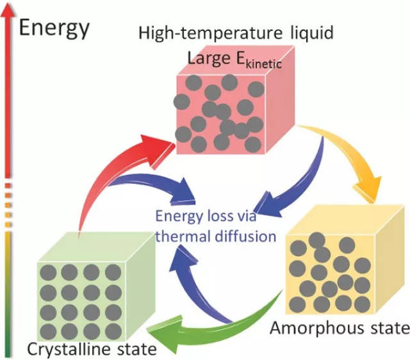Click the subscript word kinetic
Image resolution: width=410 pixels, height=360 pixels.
pyautogui.click(x=263, y=64)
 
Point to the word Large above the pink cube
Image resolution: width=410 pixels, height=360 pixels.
pyautogui.click(x=209, y=58)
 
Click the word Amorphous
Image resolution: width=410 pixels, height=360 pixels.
pyautogui.click(x=313, y=328)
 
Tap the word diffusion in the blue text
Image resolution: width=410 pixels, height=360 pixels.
pyautogui.click(x=245, y=236)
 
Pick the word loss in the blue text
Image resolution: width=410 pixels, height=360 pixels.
pyautogui.click(x=218, y=216)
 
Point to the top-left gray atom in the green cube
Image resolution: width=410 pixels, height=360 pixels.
pyautogui.click(x=49, y=272)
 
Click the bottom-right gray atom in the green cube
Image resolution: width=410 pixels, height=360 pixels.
pyautogui.click(x=113, y=332)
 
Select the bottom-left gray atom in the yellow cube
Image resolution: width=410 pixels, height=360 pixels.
pyautogui.click(x=298, y=305)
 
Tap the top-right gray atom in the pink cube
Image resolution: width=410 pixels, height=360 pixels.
pyautogui.click(x=256, y=89)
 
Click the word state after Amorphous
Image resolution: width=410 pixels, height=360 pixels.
pyautogui.click(x=386, y=328)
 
